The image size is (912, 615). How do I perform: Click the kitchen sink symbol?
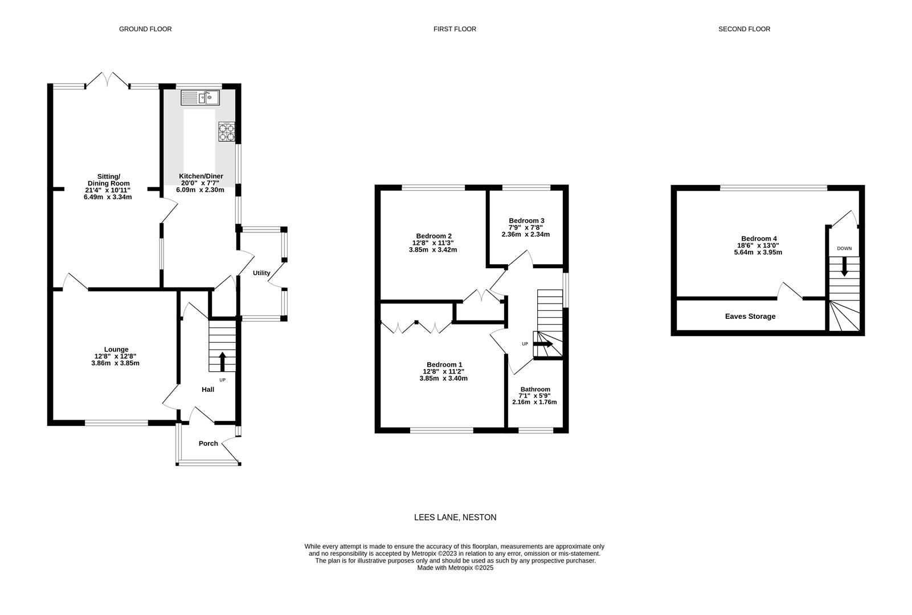pyautogui.click(x=201, y=99)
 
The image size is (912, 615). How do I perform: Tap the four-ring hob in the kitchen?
pyautogui.click(x=226, y=132)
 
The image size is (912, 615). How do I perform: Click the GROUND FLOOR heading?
pyautogui.click(x=145, y=29)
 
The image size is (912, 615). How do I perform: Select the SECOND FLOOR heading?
pyautogui.click(x=744, y=29)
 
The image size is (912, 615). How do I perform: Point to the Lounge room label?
pyautogui.click(x=116, y=350)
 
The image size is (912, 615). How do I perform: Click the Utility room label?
pyautogui.click(x=261, y=273)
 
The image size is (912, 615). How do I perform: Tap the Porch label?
pyautogui.click(x=208, y=443)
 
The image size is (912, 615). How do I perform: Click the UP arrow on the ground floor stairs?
pyautogui.click(x=222, y=362)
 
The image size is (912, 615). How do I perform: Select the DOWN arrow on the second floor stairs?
pyautogui.click(x=844, y=266)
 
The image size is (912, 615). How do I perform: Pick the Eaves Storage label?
pyautogui.click(x=750, y=317)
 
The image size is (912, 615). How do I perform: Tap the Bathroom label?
pyautogui.click(x=535, y=389)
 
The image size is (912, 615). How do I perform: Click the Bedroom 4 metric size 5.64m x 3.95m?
pyautogui.click(x=758, y=252)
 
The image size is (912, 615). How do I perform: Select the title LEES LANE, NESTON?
pyautogui.click(x=455, y=518)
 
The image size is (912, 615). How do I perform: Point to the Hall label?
pyautogui.click(x=208, y=389)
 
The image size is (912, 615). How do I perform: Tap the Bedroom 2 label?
pyautogui.click(x=433, y=236)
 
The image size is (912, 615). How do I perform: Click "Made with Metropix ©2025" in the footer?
pyautogui.click(x=455, y=568)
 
